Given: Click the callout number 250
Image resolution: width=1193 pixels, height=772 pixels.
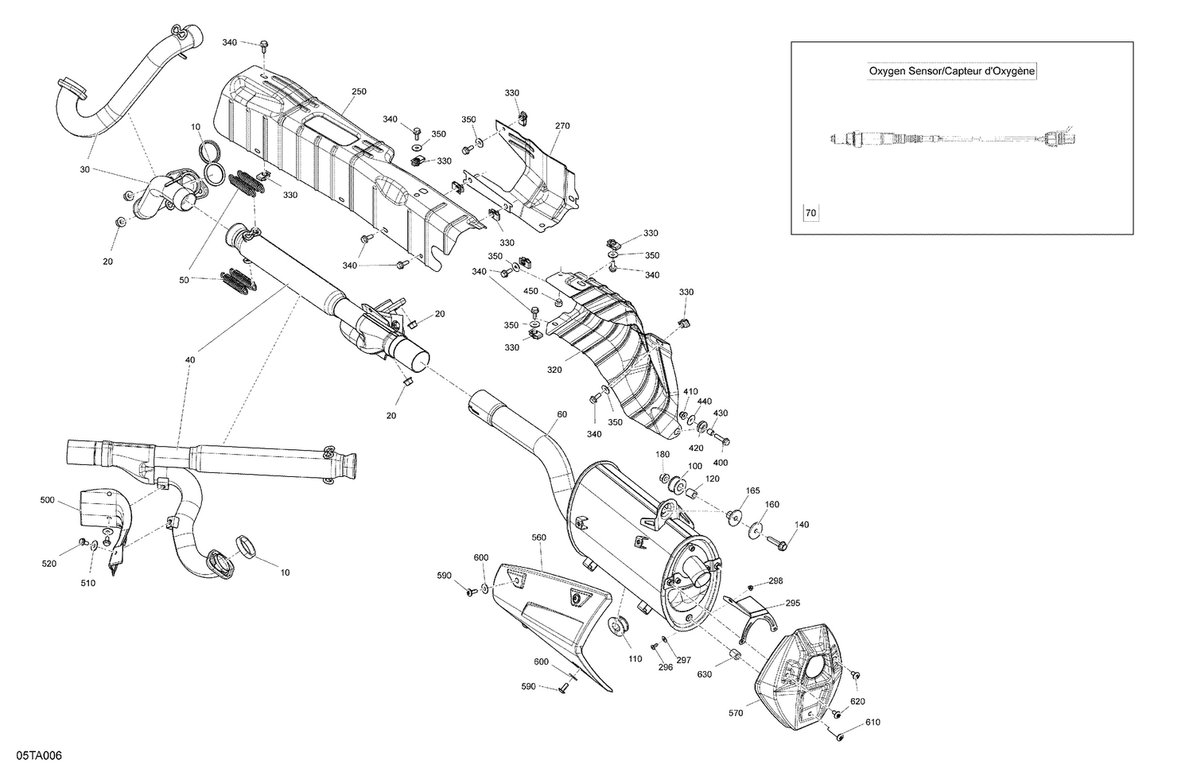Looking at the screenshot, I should tap(359, 91).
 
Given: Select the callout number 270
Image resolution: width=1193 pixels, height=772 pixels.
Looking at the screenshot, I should tap(562, 126).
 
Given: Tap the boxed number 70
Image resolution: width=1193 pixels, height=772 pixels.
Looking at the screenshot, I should tap(810, 213).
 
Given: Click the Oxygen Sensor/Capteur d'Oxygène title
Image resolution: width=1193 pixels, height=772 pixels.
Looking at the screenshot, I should tap(951, 72).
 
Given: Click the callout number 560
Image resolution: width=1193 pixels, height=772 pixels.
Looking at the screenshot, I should tap(538, 537).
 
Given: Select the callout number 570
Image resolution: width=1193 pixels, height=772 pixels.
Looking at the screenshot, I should tap(735, 713).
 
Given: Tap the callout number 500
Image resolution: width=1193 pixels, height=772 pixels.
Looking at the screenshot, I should tap(48, 500).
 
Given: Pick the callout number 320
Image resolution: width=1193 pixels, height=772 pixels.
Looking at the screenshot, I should tap(554, 370).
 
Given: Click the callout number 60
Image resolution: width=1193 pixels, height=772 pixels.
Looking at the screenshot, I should tap(562, 414).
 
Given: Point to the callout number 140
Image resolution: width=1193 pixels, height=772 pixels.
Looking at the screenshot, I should tap(802, 524).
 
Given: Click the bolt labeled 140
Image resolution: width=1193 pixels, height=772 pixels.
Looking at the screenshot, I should tap(777, 544).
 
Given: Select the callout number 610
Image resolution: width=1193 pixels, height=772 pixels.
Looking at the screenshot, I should tap(873, 722).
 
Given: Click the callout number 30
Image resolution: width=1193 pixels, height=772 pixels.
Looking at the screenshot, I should tap(84, 169).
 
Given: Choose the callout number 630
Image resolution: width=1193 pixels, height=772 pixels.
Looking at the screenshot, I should tap(705, 675).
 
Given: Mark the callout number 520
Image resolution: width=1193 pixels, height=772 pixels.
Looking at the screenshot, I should tap(49, 564).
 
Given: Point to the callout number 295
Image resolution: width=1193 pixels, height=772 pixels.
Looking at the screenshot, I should tap(793, 603).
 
